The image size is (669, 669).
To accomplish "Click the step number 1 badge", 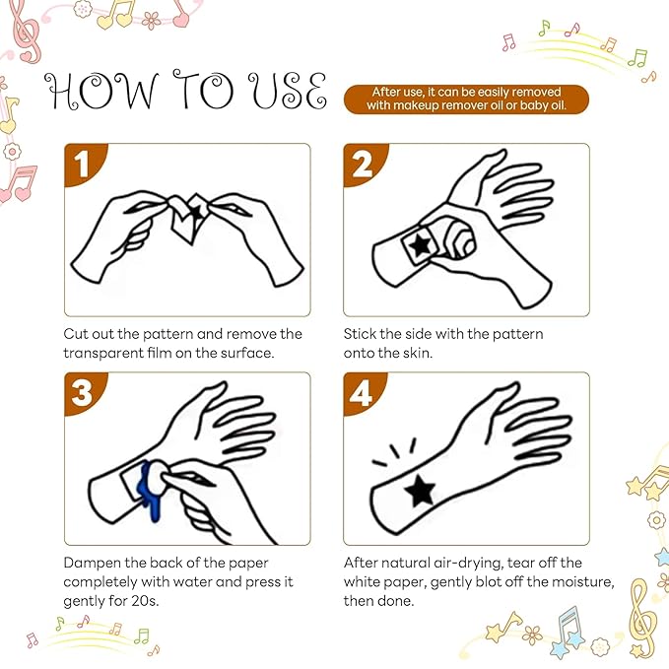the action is [82, 164].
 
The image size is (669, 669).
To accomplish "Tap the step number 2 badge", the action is [362, 164].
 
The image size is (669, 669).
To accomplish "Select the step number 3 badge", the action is [82, 392].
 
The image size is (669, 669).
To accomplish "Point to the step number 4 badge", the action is [361, 392].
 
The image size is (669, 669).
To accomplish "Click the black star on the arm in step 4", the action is [421, 491].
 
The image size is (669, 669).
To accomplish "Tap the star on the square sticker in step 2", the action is [420, 245].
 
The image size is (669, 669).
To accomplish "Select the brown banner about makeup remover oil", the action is [466, 100].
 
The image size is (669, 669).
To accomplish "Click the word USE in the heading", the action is [288, 91].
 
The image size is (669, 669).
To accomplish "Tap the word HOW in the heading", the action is [101, 91].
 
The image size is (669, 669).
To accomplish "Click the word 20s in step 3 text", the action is [145, 601].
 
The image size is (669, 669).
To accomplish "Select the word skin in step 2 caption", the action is [418, 353].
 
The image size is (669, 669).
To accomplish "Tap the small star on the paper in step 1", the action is [196, 213].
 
